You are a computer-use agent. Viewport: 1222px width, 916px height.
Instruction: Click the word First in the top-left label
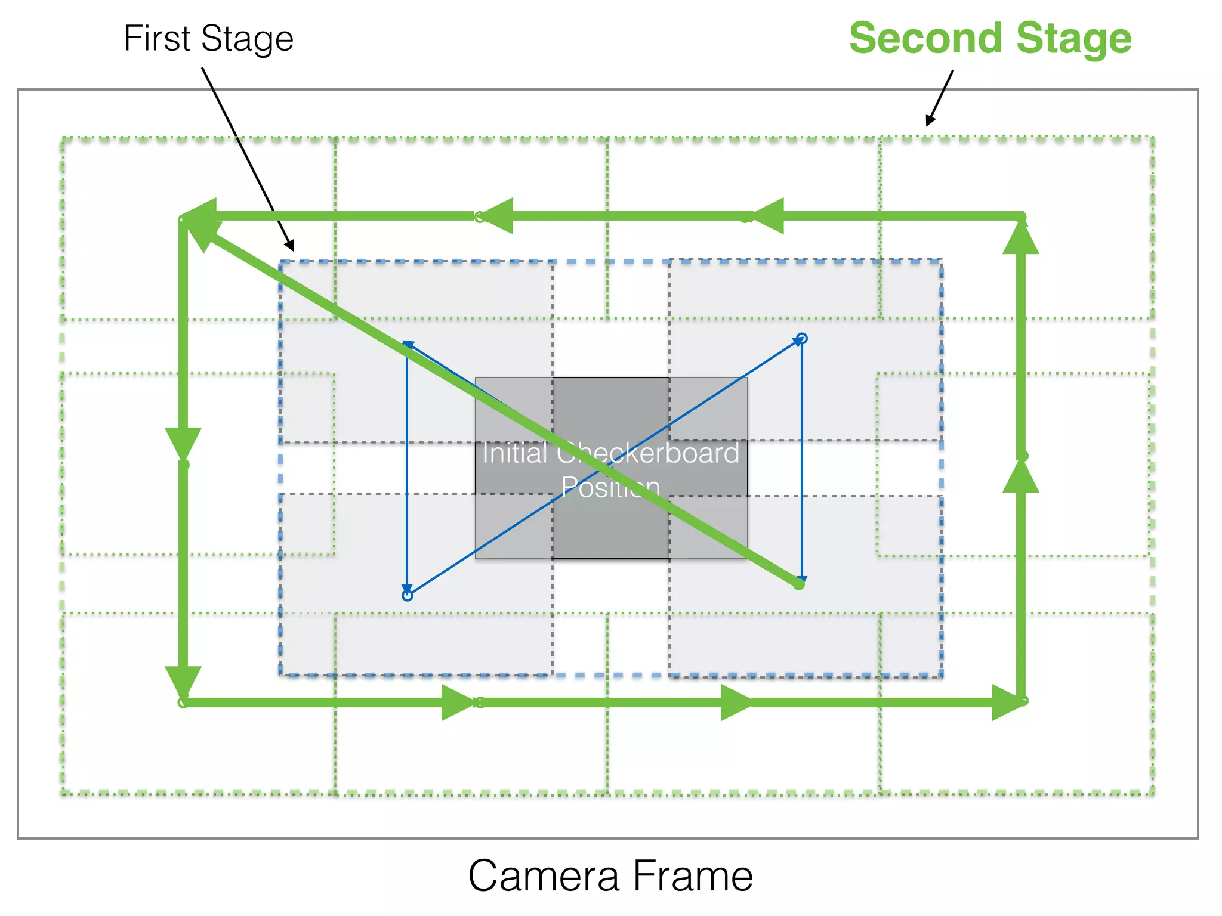(156, 39)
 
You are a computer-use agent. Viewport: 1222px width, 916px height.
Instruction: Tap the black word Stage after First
(247, 40)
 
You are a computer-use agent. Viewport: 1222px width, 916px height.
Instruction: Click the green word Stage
(1073, 39)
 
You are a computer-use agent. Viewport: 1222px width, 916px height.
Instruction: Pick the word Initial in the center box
(514, 453)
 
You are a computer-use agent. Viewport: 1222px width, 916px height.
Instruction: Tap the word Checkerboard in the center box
(648, 453)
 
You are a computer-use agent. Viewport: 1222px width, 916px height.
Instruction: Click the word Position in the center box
(610, 487)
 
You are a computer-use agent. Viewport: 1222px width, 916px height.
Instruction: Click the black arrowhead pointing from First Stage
(289, 245)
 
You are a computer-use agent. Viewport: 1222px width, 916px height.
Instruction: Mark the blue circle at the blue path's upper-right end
(802, 339)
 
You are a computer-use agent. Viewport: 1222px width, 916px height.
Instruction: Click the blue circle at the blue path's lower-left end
(408, 595)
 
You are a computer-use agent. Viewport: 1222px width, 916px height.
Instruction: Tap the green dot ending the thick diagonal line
(800, 585)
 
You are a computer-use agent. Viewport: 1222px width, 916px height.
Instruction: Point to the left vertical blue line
(407, 465)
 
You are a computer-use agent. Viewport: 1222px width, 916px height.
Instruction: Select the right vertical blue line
(802, 459)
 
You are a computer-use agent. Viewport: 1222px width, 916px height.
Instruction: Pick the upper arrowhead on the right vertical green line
(1021, 239)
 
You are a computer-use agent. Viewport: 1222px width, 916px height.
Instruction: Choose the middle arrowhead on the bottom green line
(736, 703)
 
